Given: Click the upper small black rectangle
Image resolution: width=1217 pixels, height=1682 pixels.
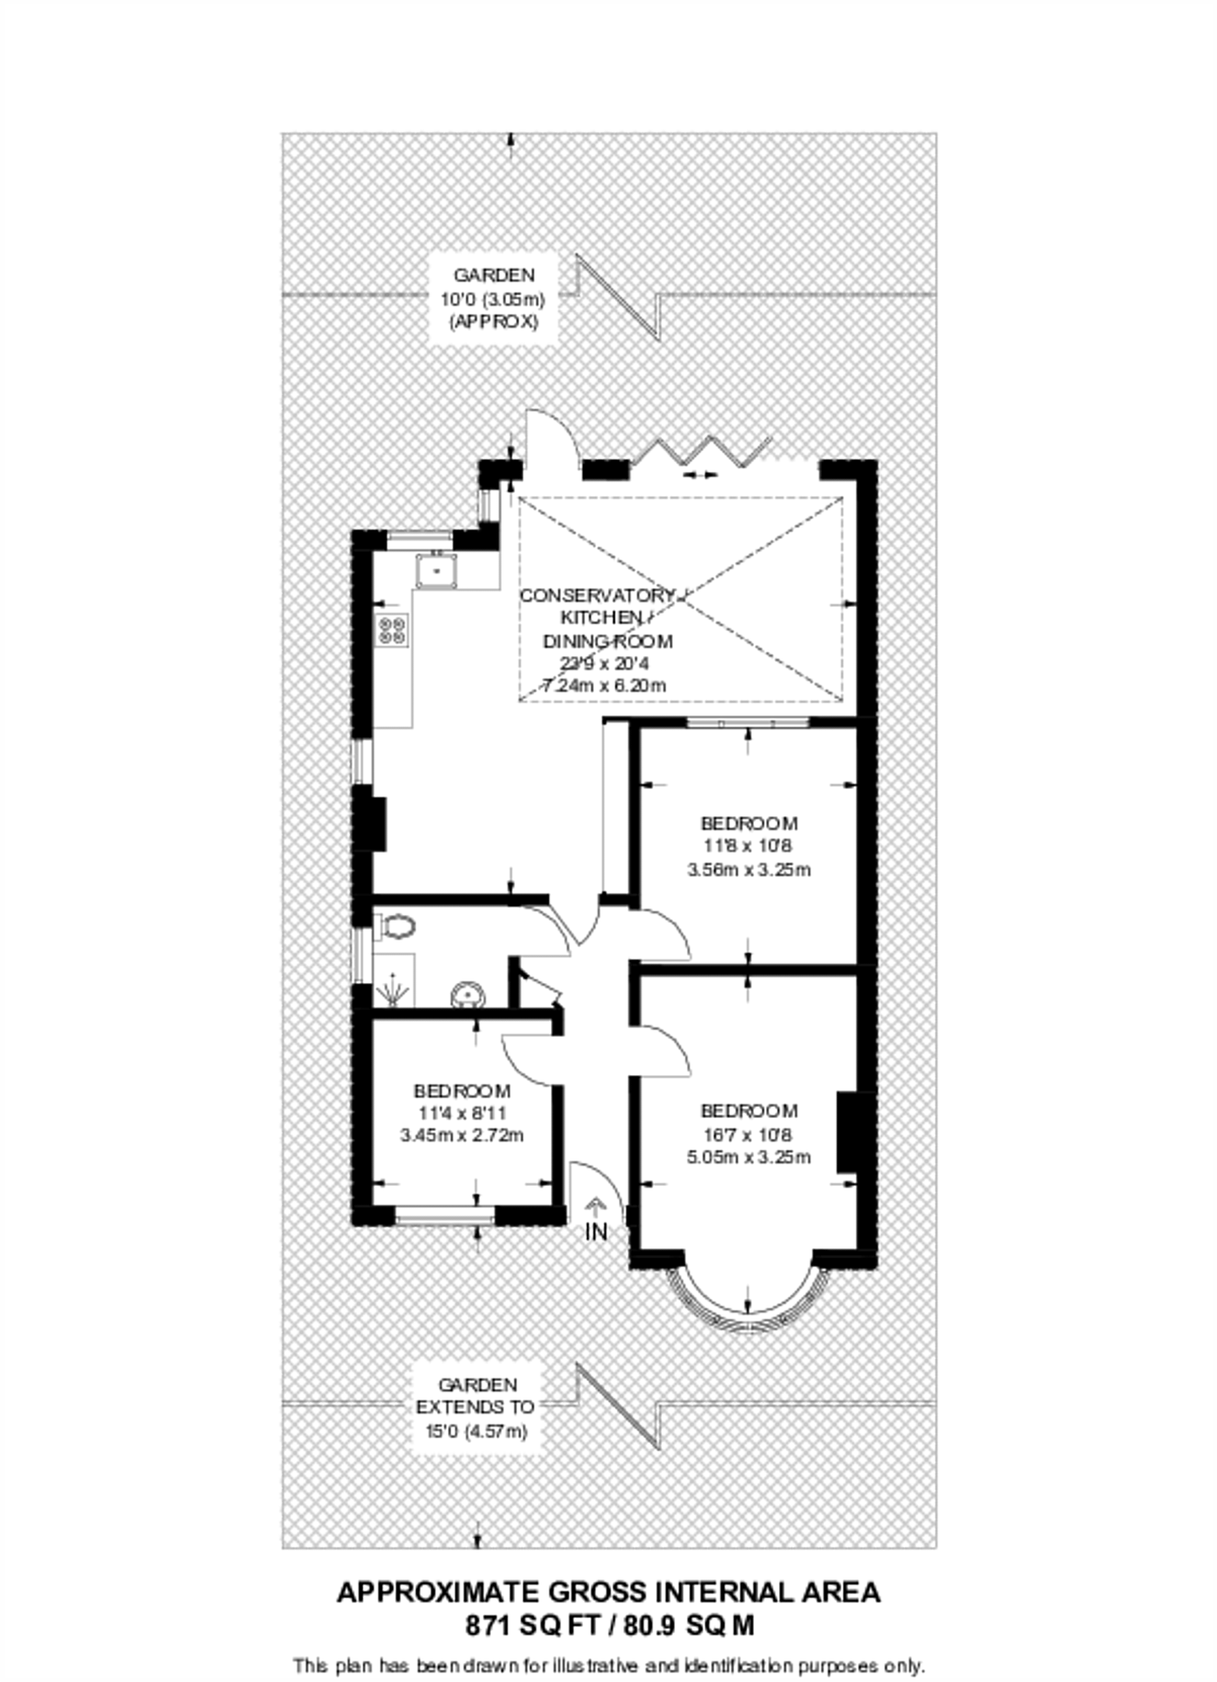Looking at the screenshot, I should [x=494, y=297].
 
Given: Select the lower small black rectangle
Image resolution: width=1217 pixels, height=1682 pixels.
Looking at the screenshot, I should [x=477, y=1406].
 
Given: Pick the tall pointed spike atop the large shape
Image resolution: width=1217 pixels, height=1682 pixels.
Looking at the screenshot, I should [x=539, y=435].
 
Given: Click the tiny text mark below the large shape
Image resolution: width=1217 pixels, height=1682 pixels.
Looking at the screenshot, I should [x=598, y=1232].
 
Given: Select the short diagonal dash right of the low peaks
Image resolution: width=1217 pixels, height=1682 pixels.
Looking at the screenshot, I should [x=763, y=444].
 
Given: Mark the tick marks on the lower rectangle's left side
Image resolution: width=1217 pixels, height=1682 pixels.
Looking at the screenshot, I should [x=411, y=1406].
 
